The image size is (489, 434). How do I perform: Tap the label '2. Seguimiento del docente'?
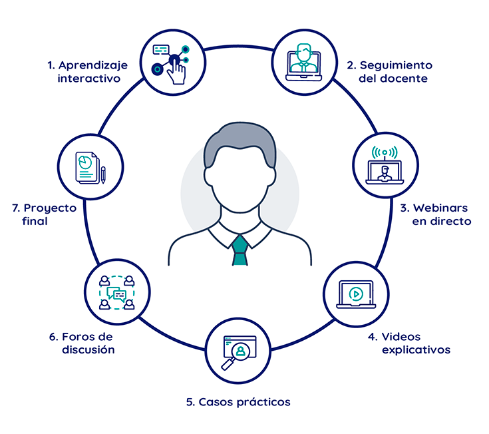point(389,72)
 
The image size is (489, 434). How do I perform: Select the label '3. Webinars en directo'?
point(435,214)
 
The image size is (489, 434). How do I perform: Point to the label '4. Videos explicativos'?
point(416,343)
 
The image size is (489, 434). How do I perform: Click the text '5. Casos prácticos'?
point(238,402)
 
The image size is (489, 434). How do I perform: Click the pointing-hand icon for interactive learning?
point(176,70)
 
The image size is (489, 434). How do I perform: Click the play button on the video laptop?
point(356,293)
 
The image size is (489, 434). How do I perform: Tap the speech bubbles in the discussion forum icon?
point(116,294)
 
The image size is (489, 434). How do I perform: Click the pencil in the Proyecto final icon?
point(103,174)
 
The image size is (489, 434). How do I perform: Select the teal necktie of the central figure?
point(240,249)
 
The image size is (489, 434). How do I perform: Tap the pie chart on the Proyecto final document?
point(85,162)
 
